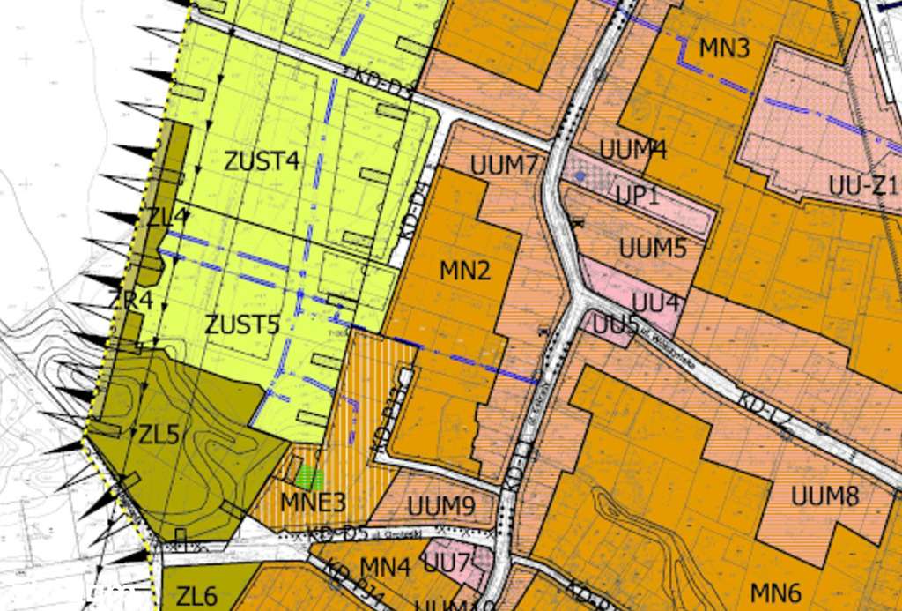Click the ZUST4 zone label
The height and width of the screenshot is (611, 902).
click(x=262, y=162)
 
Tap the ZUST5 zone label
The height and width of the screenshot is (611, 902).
click(x=242, y=324)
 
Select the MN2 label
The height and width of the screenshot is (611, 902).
click(x=464, y=271)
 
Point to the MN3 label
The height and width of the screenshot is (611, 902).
click(x=724, y=48)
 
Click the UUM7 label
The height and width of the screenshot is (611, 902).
click(x=504, y=166)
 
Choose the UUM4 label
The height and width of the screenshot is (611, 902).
click(x=632, y=150)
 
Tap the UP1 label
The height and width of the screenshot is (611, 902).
click(x=637, y=196)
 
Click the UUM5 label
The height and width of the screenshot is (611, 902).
click(x=652, y=249)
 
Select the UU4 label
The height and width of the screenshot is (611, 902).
click(x=656, y=303)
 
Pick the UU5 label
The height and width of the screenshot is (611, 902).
click(x=615, y=324)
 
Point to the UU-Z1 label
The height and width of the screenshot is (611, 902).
click(x=862, y=185)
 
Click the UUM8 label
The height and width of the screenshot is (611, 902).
click(x=824, y=496)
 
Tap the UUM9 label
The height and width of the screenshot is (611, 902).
click(x=441, y=506)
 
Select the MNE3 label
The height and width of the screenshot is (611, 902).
click(x=313, y=503)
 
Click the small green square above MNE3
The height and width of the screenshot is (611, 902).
click(x=308, y=478)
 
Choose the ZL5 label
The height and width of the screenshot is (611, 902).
click(x=159, y=435)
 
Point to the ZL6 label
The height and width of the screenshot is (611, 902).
click(x=196, y=597)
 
